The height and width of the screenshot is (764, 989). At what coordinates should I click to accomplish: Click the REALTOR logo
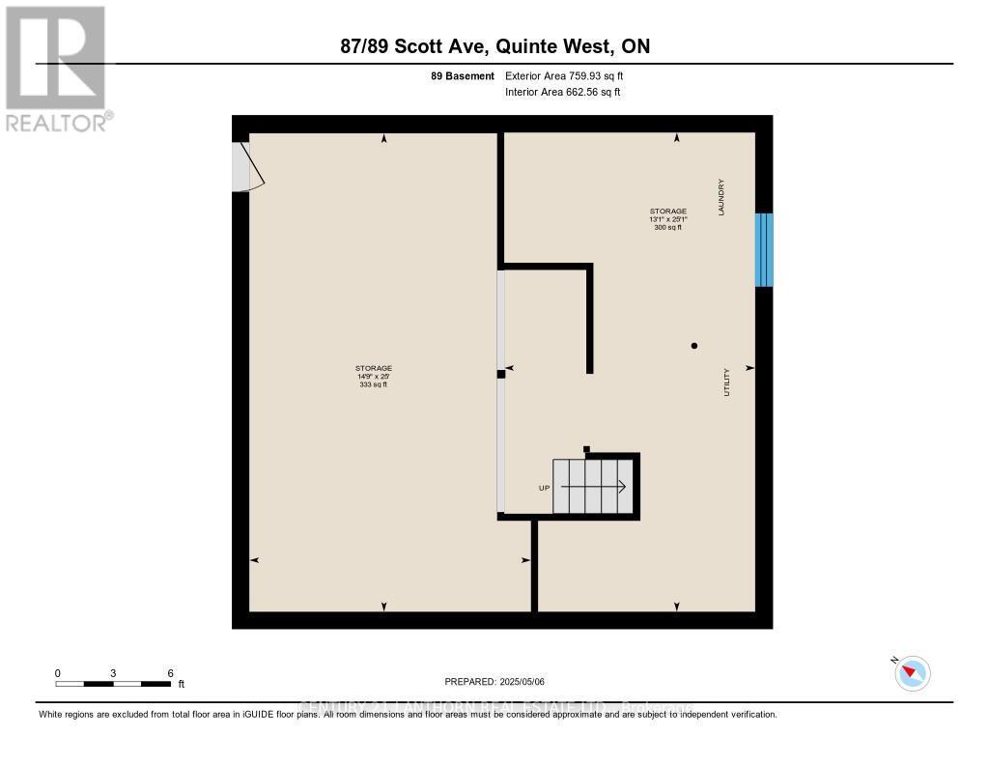(x=56, y=68)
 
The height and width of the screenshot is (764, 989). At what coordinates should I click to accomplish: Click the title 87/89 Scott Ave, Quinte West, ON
(x=494, y=46)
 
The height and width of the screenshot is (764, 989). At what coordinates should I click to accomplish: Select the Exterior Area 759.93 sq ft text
(x=571, y=75)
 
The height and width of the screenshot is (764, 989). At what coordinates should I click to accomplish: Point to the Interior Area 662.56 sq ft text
(x=562, y=92)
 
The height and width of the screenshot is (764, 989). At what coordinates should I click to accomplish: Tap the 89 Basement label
(x=463, y=75)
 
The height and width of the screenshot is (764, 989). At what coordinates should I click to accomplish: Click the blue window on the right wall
(x=764, y=249)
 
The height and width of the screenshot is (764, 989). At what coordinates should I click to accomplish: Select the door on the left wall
(x=246, y=166)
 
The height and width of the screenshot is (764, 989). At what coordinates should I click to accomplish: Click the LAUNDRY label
(x=721, y=196)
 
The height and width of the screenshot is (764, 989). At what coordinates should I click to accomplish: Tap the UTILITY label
(x=726, y=382)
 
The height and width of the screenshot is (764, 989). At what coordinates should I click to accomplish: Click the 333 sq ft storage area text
(x=373, y=385)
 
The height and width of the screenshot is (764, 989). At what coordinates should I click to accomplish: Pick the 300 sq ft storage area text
(x=668, y=227)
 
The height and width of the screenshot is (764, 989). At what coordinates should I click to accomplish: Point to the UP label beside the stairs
(x=544, y=488)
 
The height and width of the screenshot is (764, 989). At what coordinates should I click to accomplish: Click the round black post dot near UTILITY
(x=693, y=345)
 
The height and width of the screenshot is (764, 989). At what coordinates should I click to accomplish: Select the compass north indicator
(x=912, y=673)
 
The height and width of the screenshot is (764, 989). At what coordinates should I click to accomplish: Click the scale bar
(x=113, y=684)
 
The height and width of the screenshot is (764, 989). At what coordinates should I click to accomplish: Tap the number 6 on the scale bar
(x=170, y=673)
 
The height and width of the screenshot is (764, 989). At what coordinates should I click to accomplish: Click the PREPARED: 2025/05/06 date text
(x=494, y=681)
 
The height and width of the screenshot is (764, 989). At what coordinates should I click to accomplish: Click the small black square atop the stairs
(x=586, y=448)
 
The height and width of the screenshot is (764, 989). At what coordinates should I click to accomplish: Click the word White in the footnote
(x=50, y=715)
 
